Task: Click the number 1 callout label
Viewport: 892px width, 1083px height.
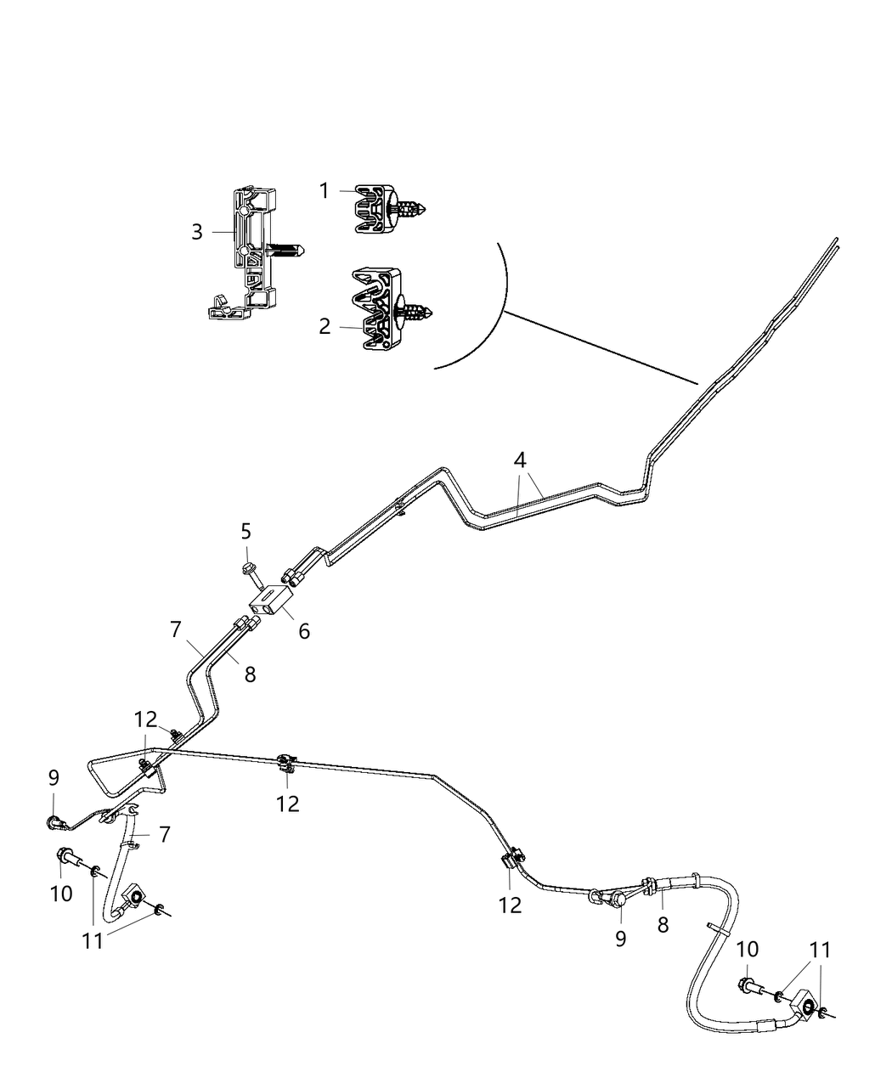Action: click(324, 191)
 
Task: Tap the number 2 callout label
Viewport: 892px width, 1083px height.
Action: click(325, 326)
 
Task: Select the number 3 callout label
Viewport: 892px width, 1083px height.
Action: click(197, 232)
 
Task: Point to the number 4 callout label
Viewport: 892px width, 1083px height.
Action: click(520, 460)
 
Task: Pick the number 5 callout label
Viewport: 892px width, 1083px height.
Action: click(246, 532)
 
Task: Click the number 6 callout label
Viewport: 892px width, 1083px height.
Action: click(303, 631)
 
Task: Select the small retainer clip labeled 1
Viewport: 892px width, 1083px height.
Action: click(374, 208)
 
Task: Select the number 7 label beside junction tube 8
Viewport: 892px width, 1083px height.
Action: click(175, 629)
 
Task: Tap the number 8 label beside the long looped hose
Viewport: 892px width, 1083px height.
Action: click(663, 925)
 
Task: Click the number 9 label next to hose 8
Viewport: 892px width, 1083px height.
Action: click(620, 939)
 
